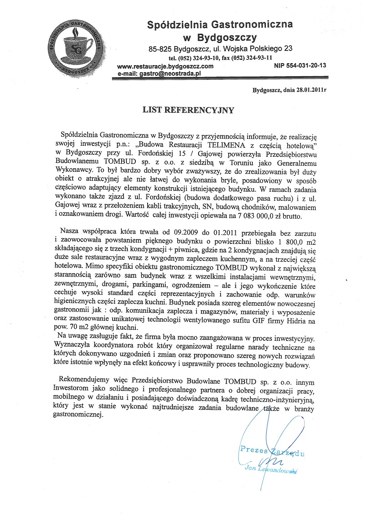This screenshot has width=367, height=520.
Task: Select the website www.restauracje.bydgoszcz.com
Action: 165,66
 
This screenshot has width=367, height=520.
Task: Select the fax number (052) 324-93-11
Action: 252,57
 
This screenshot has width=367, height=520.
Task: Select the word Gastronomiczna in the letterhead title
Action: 254,24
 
